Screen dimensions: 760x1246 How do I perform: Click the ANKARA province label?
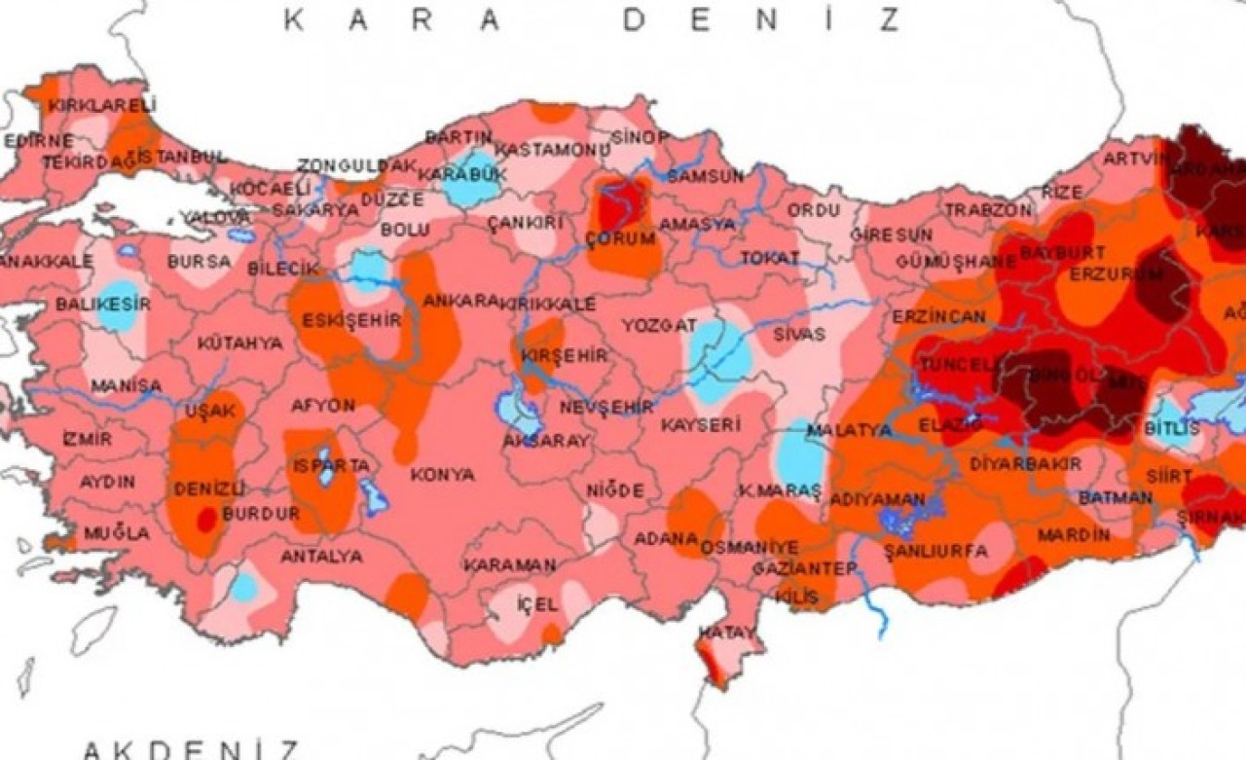tap(460, 301)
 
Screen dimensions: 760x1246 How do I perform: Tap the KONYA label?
tap(442, 475)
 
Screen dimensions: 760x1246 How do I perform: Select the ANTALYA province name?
tap(321, 557)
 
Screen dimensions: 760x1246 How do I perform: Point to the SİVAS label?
tap(799, 334)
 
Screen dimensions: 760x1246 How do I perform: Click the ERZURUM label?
tap(1116, 274)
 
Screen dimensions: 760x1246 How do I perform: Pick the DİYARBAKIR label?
tap(1025, 464)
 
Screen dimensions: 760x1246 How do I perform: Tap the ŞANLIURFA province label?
tap(935, 552)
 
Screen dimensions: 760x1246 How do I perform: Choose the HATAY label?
tap(727, 633)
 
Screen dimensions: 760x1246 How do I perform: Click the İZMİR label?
tap(87, 439)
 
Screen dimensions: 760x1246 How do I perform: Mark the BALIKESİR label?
tap(102, 305)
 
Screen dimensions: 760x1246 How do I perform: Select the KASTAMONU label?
tap(552, 150)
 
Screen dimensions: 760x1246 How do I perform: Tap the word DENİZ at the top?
tap(762, 19)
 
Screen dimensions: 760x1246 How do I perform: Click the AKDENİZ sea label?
tap(191, 749)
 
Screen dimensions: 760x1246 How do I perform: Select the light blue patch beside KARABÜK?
tap(471, 178)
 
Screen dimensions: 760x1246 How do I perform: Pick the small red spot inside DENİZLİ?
tap(206, 521)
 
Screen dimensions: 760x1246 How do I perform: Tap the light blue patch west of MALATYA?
tap(801, 457)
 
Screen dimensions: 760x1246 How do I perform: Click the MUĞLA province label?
tap(117, 533)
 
